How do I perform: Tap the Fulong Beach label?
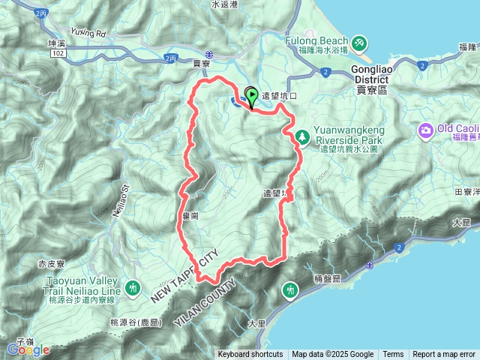[x=316, y=40]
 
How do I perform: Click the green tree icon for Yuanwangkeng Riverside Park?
[x=302, y=136]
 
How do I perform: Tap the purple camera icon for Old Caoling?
[x=426, y=130]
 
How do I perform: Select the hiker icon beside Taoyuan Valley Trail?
[x=133, y=286]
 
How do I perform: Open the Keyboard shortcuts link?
[x=250, y=355]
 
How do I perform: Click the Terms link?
[x=393, y=355]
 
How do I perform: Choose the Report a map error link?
[x=444, y=355]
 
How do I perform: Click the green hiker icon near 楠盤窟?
[x=289, y=289]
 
